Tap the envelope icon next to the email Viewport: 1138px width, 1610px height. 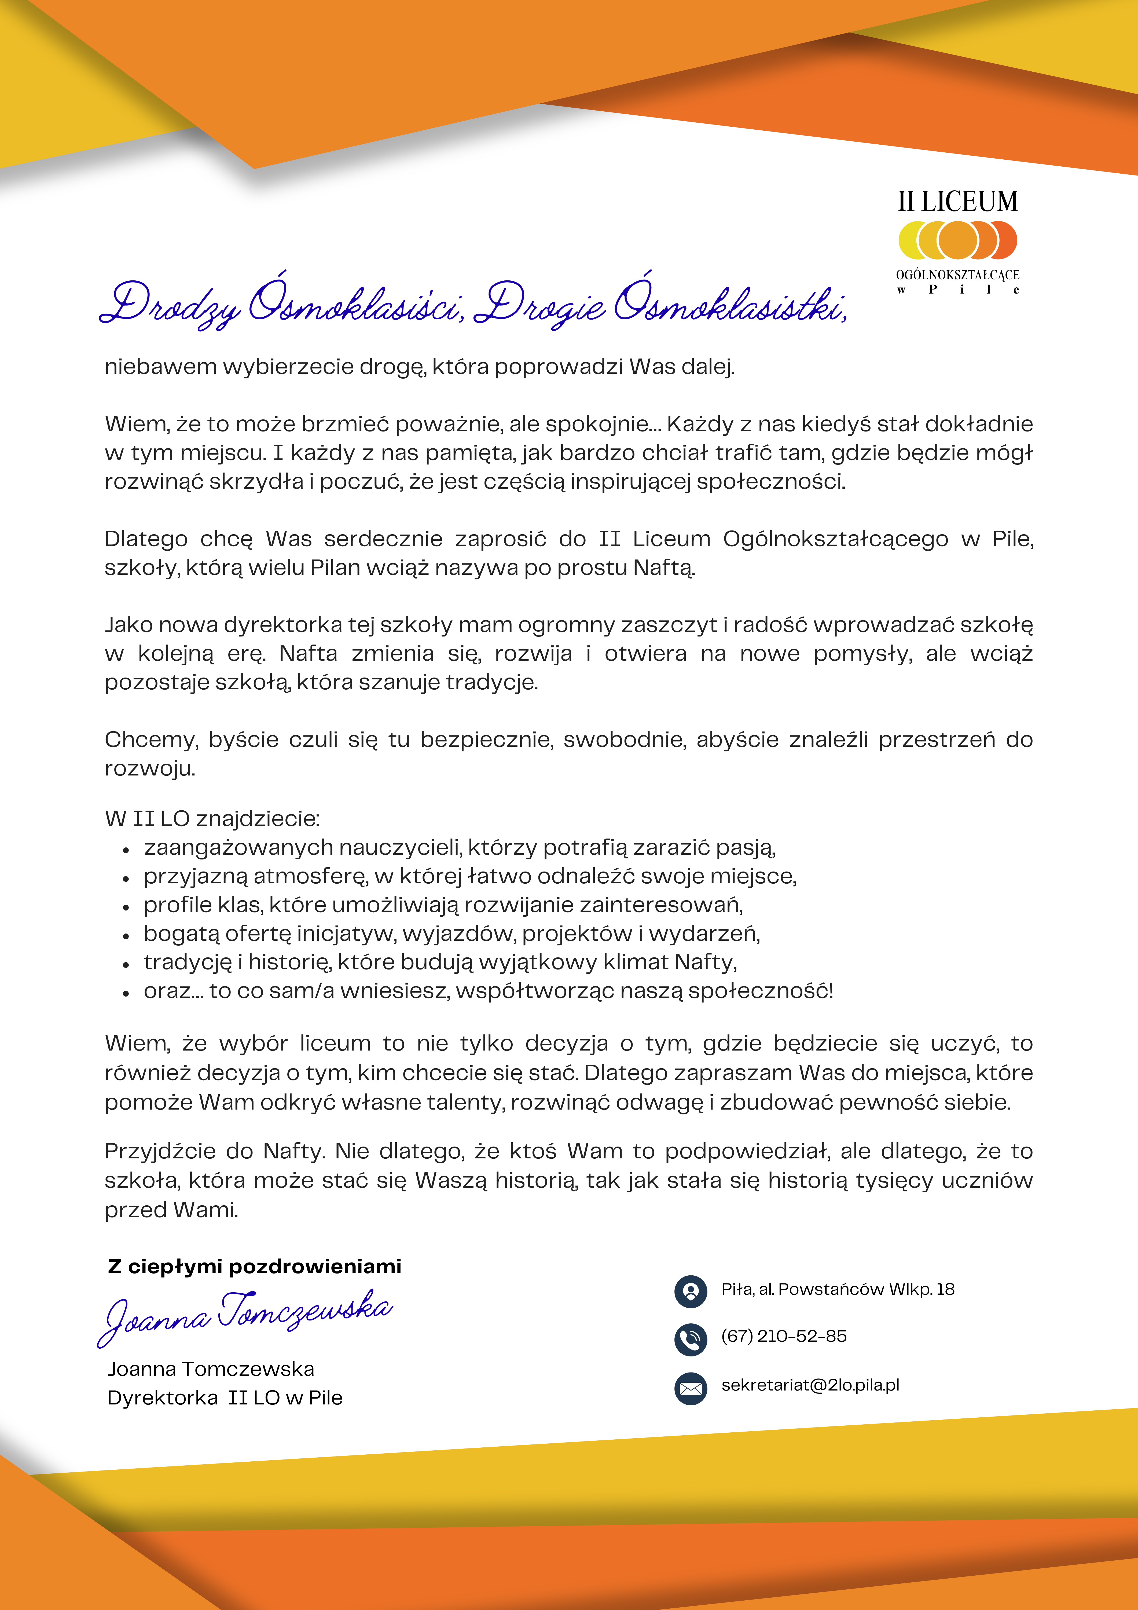coord(691,1388)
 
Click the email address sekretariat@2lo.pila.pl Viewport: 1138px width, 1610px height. coord(810,1385)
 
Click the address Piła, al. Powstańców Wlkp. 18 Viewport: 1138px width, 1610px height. coord(838,1289)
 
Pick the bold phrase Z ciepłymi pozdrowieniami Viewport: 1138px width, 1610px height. coord(255,1267)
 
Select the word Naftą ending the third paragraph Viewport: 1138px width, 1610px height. coord(663,567)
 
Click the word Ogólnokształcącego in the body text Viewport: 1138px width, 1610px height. coord(835,539)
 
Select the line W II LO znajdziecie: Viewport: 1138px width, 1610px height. coord(212,818)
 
